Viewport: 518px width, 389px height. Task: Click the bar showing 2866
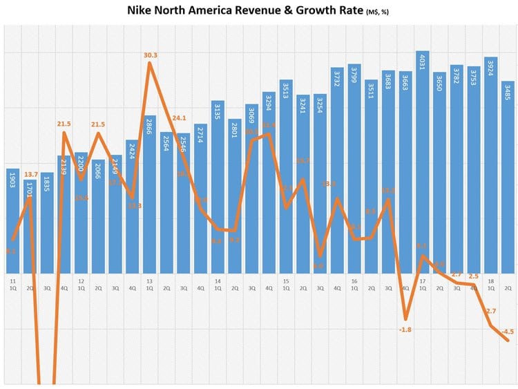[149, 193]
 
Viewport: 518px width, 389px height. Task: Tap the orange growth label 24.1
[179, 117]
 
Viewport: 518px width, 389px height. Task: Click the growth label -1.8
[405, 330]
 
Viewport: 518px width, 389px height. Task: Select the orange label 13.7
[30, 174]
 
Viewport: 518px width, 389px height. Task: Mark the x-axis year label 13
[149, 281]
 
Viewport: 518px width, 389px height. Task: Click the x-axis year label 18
[490, 281]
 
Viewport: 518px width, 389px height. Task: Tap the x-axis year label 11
[12, 281]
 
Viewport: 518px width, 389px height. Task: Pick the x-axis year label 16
[354, 281]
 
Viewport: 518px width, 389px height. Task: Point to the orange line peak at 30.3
[150, 64]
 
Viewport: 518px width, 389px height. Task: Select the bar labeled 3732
[337, 169]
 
